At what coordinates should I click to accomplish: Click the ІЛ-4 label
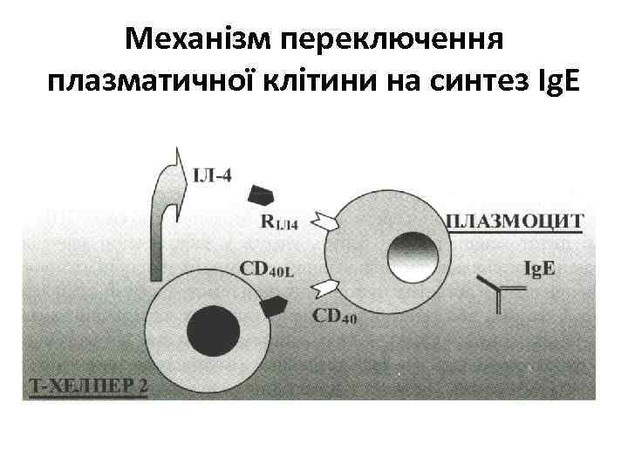212,175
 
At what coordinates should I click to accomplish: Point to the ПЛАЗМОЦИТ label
513,220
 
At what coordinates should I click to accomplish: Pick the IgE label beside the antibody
538,269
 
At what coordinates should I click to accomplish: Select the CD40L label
267,269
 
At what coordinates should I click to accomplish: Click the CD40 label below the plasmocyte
334,317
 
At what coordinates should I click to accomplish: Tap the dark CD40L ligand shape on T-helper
275,305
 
